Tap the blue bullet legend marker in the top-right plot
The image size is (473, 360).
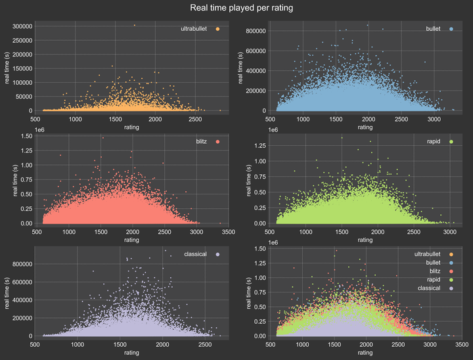tap(451, 29)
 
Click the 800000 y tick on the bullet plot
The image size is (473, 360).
tap(254, 31)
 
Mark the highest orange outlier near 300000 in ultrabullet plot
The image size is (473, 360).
tap(135, 26)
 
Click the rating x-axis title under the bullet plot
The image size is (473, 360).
tap(366, 127)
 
